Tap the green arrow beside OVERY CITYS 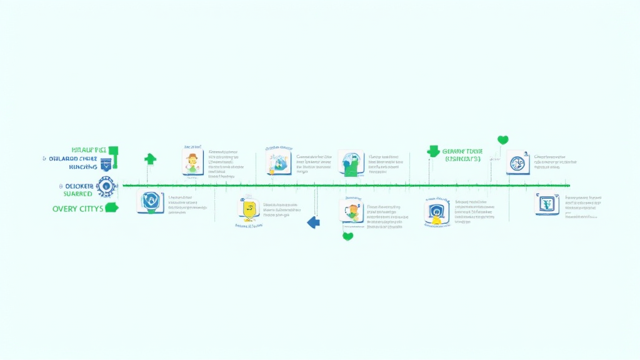[x=112, y=207]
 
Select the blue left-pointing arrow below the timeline [x=314, y=222]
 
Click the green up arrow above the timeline [x=150, y=159]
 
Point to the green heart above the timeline [x=502, y=140]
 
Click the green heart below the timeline [x=347, y=236]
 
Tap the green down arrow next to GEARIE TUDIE [x=433, y=151]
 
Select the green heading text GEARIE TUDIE [x=462, y=151]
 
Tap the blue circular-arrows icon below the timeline [x=151, y=203]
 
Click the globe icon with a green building [x=350, y=163]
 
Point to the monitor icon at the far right [x=547, y=204]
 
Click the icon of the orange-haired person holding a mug [x=352, y=211]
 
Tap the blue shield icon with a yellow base [x=436, y=212]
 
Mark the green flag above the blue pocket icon [x=112, y=151]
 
